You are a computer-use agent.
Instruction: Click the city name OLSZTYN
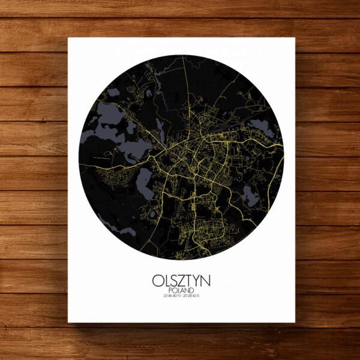(x=181, y=281)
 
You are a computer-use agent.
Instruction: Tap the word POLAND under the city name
(x=181, y=291)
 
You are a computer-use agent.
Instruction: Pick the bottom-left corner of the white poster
(x=68, y=322)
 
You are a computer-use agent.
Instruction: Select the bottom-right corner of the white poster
(x=295, y=322)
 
